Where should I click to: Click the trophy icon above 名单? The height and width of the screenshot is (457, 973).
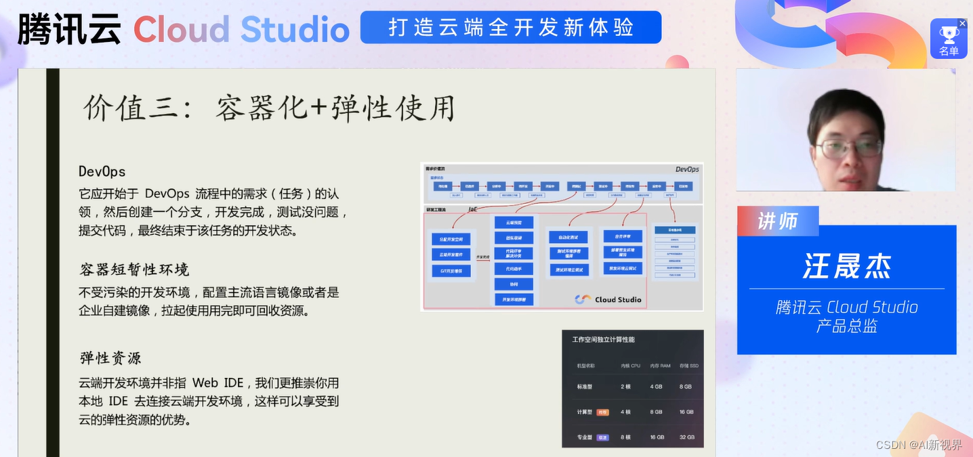(949, 33)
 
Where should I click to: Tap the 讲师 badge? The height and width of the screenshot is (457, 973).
(778, 221)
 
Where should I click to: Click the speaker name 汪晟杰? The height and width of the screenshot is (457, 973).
(846, 265)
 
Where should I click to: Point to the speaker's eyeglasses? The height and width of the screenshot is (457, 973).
(848, 147)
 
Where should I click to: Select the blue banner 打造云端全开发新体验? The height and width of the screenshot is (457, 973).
(511, 28)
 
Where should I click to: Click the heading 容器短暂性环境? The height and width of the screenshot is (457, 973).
(134, 269)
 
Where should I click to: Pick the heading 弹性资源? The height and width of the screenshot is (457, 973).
(110, 357)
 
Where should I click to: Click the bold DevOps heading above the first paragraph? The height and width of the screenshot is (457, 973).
(102, 171)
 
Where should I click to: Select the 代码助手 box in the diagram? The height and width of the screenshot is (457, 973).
(514, 269)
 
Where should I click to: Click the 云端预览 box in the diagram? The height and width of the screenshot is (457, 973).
(514, 222)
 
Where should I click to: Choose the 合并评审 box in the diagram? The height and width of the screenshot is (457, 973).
(623, 236)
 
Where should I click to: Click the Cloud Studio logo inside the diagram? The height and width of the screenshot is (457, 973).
(608, 299)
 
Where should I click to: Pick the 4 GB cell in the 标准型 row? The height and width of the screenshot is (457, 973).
(656, 387)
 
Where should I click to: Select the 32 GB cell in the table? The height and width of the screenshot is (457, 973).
(686, 437)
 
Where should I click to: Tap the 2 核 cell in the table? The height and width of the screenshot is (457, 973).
(625, 387)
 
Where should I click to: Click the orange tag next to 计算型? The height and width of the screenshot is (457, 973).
(602, 412)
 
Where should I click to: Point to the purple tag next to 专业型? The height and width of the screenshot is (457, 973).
(602, 437)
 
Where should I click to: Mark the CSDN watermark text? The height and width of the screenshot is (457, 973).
(918, 445)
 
